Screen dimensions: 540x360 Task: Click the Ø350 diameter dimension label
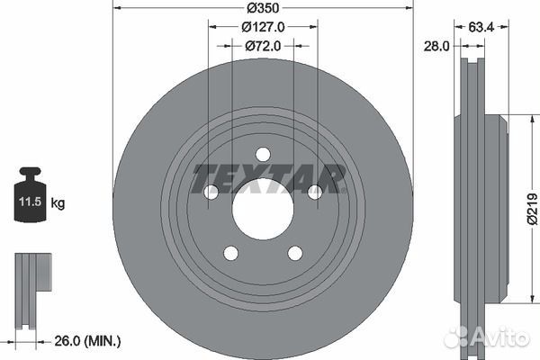pyautogui.click(x=263, y=8)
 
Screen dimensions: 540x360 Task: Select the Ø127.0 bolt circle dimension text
pyautogui.click(x=263, y=27)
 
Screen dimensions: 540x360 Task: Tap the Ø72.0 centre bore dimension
pyautogui.click(x=263, y=46)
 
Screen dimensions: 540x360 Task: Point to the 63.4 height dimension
pyautogui.click(x=481, y=27)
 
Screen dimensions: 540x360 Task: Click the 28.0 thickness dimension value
pyautogui.click(x=436, y=46)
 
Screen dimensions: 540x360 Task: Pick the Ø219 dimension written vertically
pyautogui.click(x=533, y=209)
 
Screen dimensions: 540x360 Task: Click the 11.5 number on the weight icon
pyautogui.click(x=30, y=202)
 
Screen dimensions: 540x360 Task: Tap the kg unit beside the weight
pyautogui.click(x=58, y=202)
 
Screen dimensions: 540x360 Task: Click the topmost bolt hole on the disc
pyautogui.click(x=263, y=154)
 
